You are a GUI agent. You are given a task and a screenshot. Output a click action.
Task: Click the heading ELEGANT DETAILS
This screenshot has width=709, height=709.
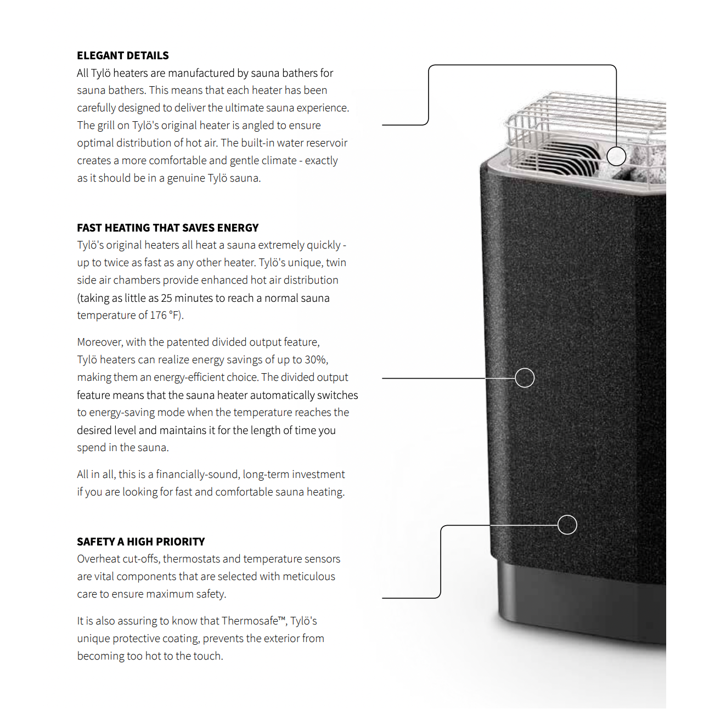(x=122, y=55)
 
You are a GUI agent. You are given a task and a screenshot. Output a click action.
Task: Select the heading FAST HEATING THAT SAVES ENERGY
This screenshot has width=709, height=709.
(x=168, y=228)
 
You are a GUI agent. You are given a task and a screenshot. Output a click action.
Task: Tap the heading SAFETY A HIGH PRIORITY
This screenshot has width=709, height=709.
(x=141, y=542)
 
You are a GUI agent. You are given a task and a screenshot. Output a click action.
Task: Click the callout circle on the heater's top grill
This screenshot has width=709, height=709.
(x=616, y=147)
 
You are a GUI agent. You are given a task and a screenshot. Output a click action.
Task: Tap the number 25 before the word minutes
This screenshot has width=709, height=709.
(x=166, y=298)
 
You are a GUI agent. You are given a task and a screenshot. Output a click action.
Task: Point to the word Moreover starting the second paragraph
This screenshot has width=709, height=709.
(x=99, y=342)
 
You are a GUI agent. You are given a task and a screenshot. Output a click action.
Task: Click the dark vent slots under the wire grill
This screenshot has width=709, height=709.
(x=563, y=159)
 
